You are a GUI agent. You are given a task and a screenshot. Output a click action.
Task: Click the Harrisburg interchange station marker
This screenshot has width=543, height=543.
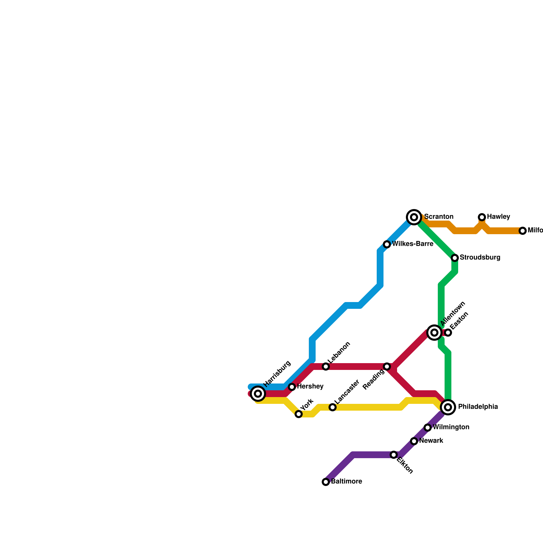(x=258, y=394)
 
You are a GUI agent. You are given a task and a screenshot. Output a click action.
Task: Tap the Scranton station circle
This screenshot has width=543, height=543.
(x=414, y=217)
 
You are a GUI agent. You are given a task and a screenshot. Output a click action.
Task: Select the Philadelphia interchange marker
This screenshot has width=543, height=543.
(x=448, y=407)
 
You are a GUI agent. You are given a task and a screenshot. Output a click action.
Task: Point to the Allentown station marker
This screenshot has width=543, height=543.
(x=434, y=333)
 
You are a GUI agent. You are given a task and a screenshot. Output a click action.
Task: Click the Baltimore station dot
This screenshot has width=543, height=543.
(x=326, y=482)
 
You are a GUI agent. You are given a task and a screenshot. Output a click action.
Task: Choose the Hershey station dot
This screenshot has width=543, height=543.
(x=292, y=387)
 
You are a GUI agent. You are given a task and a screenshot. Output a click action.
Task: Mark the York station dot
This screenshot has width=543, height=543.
(x=299, y=414)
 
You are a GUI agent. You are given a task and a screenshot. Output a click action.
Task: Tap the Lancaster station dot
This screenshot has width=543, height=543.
(x=333, y=407)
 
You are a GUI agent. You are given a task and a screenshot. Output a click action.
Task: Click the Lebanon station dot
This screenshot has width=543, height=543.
(x=326, y=367)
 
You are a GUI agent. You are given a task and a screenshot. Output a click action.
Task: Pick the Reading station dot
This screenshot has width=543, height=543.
(x=387, y=367)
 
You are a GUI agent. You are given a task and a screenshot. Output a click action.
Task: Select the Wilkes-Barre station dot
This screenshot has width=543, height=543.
(x=387, y=244)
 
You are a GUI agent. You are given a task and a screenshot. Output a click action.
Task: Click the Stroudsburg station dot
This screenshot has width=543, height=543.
(x=455, y=258)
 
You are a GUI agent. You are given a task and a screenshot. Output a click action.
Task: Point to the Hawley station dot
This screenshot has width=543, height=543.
(x=482, y=217)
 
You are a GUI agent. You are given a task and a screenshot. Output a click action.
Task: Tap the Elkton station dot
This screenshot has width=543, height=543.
(x=394, y=455)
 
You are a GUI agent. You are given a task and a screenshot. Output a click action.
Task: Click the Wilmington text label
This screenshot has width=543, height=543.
(x=451, y=427)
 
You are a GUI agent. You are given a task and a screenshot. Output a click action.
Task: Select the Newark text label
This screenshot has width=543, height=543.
(x=431, y=441)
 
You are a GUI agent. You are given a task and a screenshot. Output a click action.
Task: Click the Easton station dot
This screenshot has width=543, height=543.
(x=448, y=333)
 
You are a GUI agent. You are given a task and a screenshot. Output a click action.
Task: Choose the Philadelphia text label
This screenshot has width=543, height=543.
(x=478, y=407)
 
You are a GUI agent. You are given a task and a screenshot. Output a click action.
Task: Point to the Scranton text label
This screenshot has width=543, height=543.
(x=439, y=217)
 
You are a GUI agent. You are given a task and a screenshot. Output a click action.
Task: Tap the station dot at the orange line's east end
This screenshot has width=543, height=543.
(x=523, y=231)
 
